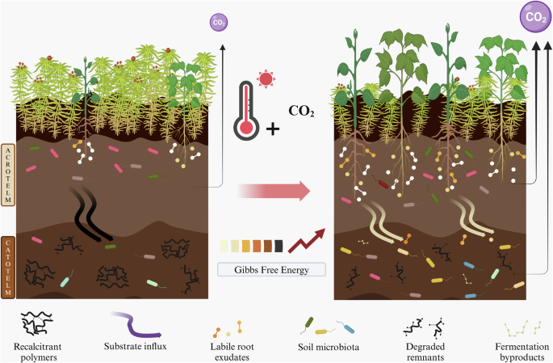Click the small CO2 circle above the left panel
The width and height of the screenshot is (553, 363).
pyautogui.click(x=218, y=23)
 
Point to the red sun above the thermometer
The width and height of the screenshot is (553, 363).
pyautogui.click(x=265, y=79)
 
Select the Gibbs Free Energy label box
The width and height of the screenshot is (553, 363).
pyautogui.click(x=270, y=268)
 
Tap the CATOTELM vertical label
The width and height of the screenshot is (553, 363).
pyautogui.click(x=8, y=268)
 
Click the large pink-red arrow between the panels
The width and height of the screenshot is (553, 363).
pyautogui.click(x=274, y=191)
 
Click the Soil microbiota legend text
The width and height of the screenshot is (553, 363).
pyautogui.click(x=329, y=347)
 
